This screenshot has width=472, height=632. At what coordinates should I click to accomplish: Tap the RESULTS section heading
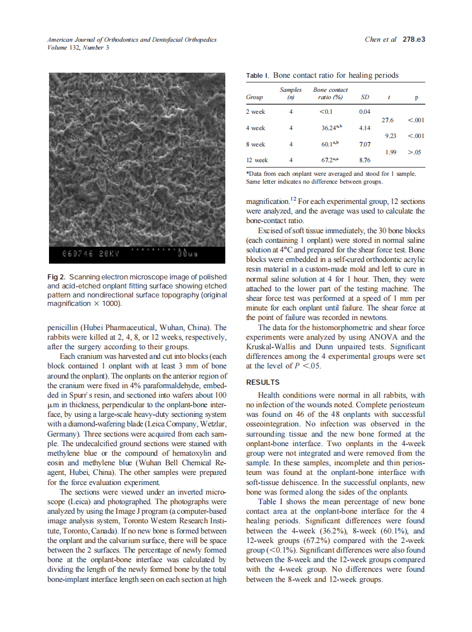(264, 382)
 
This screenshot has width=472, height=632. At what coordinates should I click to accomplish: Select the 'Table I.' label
(257, 75)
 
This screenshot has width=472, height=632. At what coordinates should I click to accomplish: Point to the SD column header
(364, 97)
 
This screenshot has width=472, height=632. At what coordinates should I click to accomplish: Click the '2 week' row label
(256, 112)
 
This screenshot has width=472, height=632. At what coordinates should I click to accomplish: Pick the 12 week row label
(257, 160)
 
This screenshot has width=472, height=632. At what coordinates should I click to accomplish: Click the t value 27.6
(388, 120)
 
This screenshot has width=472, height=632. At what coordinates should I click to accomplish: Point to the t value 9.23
(390, 136)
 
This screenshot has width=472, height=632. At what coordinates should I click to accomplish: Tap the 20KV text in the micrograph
(109, 254)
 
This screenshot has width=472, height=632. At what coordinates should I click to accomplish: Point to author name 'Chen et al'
(380, 39)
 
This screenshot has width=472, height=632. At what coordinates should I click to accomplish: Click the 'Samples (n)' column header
(291, 93)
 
